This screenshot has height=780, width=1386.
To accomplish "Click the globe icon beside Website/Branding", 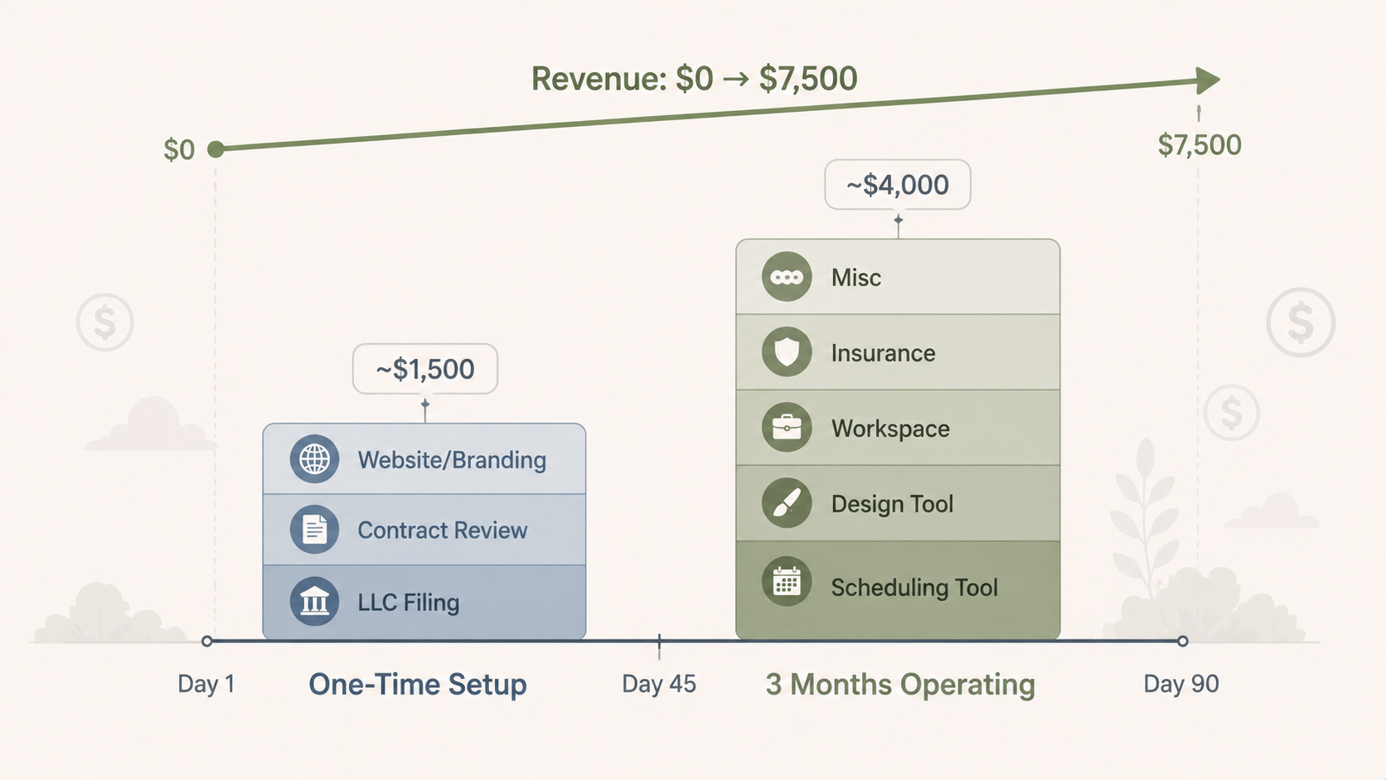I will tap(315, 459).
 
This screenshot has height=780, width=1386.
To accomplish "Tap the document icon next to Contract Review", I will tap(315, 530).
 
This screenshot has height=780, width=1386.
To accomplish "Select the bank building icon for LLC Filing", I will tap(315, 602).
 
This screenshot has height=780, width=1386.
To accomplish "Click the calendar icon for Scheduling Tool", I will tap(787, 582).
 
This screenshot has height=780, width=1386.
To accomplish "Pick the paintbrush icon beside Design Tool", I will tap(787, 503).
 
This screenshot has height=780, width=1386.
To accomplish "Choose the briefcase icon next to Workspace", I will tap(787, 428).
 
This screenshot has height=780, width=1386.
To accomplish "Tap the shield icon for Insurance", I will tap(787, 352).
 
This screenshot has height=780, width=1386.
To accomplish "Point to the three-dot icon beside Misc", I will tap(787, 277).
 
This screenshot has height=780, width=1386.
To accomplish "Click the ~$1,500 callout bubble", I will tap(425, 369).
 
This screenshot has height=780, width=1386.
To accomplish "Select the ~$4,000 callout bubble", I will tap(898, 185).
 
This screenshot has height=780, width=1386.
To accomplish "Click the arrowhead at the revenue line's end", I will tap(1208, 80).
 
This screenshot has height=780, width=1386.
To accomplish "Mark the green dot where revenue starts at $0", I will tap(216, 149).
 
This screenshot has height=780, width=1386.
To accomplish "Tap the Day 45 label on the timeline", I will tap(659, 684).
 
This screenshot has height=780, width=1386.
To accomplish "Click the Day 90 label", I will tap(1181, 684).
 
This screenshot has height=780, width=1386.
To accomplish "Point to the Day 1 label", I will tap(206, 684).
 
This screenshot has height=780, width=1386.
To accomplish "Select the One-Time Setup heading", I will tap(418, 685).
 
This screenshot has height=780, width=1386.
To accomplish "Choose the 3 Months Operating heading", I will tap(900, 685).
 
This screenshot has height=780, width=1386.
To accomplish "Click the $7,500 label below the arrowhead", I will tap(1199, 145).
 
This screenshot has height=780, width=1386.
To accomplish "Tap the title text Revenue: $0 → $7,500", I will tap(695, 79).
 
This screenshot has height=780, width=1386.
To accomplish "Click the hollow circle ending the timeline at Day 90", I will tap(1183, 641).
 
